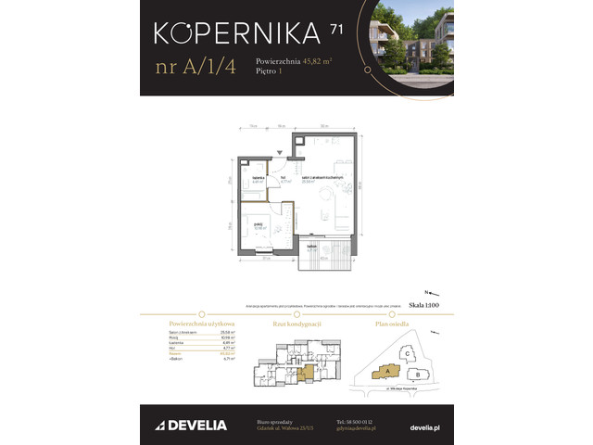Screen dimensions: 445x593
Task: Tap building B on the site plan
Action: click(x=418, y=374)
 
